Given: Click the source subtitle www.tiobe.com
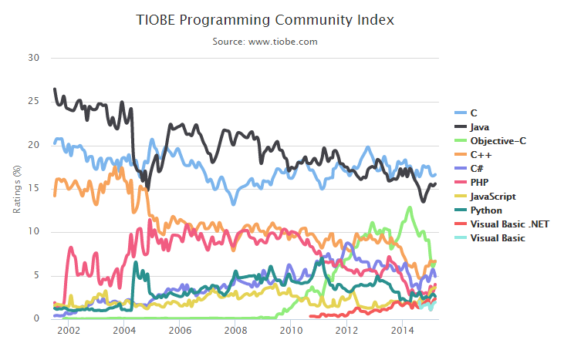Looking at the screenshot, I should [265, 42].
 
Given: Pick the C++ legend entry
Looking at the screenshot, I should [481, 154].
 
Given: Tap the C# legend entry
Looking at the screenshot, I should [478, 168].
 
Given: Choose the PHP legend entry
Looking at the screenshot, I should [480, 182].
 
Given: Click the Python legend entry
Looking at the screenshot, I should [485, 210].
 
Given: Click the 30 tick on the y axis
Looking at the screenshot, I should [33, 58].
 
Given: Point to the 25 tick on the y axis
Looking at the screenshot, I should [33, 102].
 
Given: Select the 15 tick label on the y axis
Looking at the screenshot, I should [33, 189].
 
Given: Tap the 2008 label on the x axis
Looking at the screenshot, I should [235, 331].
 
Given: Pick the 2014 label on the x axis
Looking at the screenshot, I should [401, 331].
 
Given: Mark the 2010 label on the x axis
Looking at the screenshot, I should [290, 331].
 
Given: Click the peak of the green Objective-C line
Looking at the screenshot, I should [408, 207].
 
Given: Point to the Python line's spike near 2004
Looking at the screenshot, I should [136, 263].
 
